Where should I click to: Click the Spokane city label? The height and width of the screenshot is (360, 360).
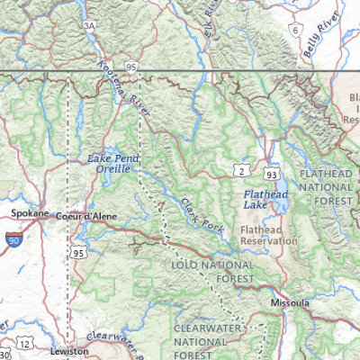tap(29, 214)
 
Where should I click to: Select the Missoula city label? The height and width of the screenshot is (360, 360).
tap(289, 304)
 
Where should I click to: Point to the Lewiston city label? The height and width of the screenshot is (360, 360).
tap(69, 350)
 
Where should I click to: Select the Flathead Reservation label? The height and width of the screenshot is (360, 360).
tap(268, 235)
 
